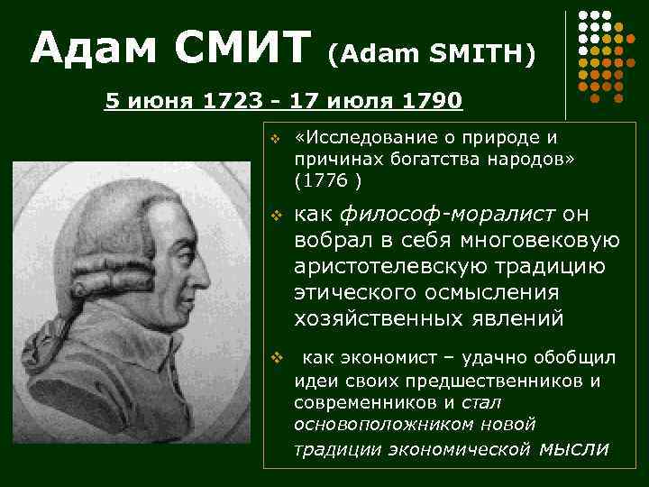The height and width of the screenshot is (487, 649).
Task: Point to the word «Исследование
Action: pos(360,138)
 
